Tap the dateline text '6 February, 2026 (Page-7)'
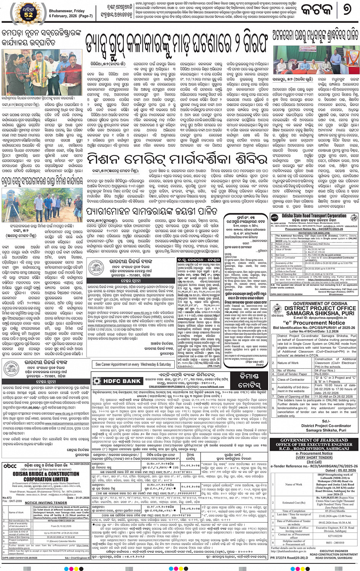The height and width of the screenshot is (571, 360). [71, 16]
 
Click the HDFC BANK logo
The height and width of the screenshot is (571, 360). [118, 381]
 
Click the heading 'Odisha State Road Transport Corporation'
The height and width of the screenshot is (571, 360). [314, 216]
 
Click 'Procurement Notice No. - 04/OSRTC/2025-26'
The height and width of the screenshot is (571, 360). [314, 229]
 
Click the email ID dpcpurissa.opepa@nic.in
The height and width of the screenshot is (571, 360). [315, 318]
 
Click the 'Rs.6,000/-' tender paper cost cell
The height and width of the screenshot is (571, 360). [322, 374]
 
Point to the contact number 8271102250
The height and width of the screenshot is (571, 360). [335, 536]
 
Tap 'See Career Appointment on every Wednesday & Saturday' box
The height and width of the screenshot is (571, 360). [133, 364]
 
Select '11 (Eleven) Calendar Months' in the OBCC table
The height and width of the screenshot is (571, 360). [63, 541]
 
